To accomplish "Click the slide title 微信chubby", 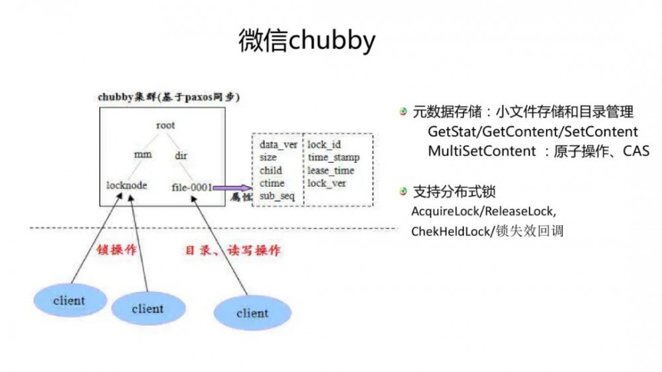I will [x=307, y=41].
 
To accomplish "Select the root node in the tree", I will [x=165, y=124].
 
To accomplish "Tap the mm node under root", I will [x=143, y=155].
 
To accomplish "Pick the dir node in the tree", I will [x=181, y=155].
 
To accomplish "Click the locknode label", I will [x=126, y=186].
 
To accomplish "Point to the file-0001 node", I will [x=191, y=187].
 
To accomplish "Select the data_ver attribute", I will [x=278, y=145].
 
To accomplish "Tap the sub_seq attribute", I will [x=277, y=196].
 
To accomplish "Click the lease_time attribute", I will [x=331, y=170].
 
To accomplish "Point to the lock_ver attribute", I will [x=327, y=183].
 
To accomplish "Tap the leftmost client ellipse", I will [x=69, y=301].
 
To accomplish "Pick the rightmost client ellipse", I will [x=252, y=312].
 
